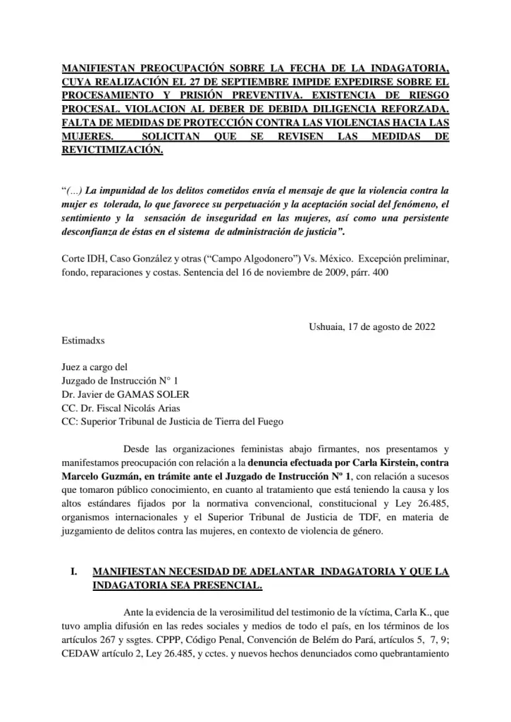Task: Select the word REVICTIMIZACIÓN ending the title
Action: (112, 151)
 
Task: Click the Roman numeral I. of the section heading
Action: (74, 572)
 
